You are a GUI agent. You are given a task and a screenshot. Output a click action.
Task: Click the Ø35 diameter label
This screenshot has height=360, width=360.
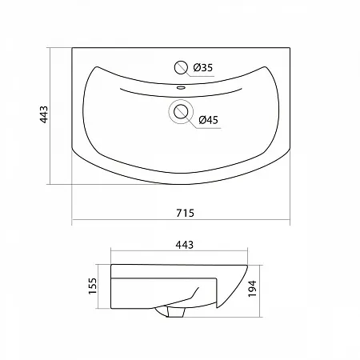click(203, 68)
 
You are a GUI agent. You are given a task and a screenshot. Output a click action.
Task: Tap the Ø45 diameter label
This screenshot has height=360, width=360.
click(209, 120)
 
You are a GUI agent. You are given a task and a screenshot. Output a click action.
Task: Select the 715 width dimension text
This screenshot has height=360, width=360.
click(185, 213)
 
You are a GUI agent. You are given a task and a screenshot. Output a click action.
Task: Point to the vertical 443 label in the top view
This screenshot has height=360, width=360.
click(44, 114)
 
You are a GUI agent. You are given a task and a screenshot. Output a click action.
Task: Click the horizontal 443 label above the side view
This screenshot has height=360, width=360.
click(184, 245)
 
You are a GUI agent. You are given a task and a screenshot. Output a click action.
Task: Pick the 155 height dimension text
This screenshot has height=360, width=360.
click(93, 286)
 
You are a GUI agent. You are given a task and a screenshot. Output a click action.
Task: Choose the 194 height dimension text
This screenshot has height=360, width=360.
click(252, 289)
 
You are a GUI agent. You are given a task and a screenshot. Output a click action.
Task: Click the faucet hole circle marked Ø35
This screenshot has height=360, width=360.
click(181, 67)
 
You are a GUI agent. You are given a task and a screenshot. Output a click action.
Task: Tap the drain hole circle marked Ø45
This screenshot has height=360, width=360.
click(181, 112)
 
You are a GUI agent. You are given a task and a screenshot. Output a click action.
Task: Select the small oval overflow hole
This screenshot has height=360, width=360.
click(181, 87)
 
